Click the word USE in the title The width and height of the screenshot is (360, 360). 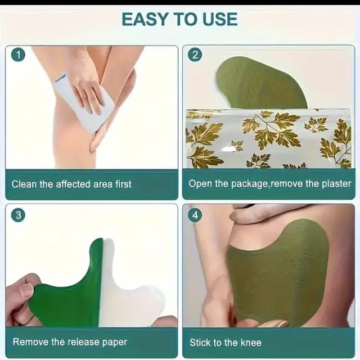point(220,19)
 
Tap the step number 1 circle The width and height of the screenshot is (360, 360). point(18,55)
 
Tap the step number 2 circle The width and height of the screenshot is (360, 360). point(195,55)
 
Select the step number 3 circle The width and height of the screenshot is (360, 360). point(18,215)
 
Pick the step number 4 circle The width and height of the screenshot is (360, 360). point(195,215)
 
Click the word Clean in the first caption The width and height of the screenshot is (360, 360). point(24,184)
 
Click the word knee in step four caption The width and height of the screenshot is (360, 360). point(251,343)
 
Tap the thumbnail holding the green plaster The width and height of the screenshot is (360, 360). point(26,291)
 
